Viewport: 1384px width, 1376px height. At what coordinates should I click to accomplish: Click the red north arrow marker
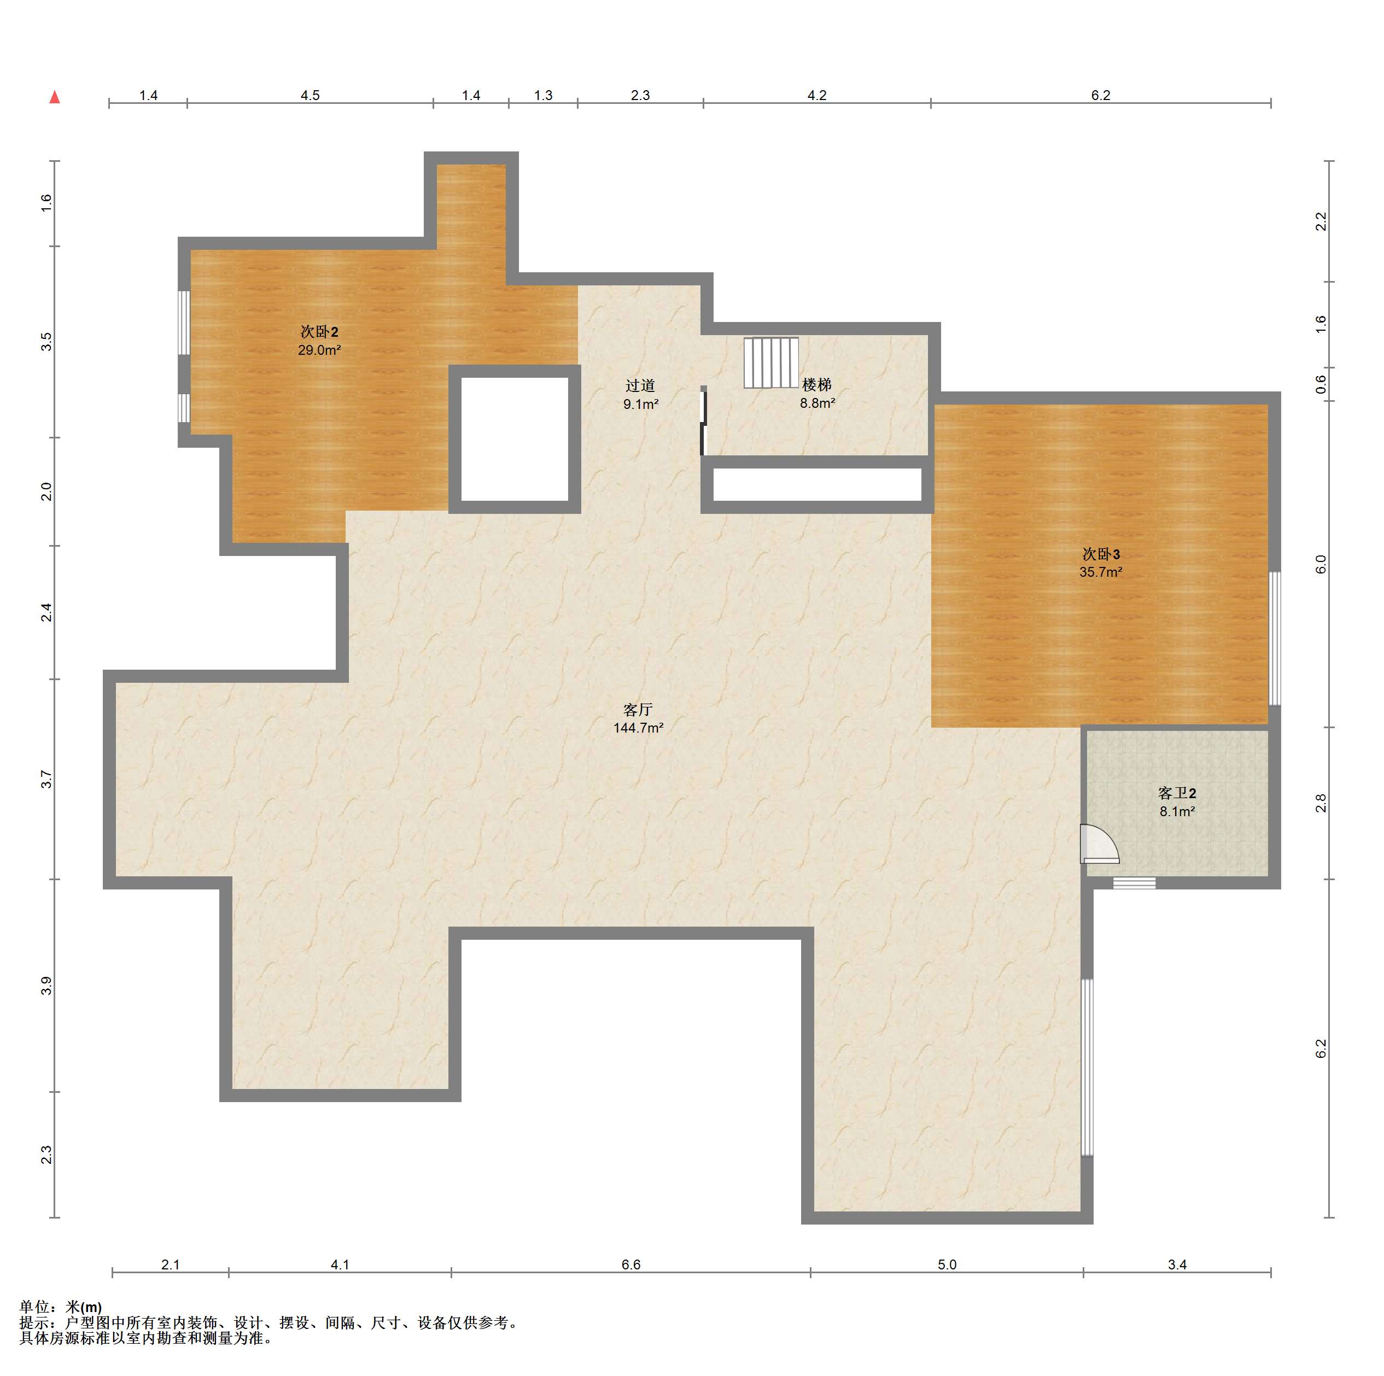coord(55,97)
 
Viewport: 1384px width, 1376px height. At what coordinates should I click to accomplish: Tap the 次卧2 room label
coord(319,332)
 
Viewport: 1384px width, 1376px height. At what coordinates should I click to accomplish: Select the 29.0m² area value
coord(319,350)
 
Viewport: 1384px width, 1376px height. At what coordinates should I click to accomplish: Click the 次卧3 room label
coord(1100,554)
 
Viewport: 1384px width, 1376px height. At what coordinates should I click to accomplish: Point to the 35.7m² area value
coord(1100,572)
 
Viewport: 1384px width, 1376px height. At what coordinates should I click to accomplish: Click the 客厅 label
coord(638,709)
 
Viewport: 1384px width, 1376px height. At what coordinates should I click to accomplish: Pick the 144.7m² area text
coord(638,728)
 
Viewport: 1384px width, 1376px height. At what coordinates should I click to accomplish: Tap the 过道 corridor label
coord(640,385)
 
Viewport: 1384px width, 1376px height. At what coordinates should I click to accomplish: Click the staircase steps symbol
coord(771,362)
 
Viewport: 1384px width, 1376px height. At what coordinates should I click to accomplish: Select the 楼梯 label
coord(816,385)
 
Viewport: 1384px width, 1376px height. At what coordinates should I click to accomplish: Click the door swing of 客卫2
coord(1100,845)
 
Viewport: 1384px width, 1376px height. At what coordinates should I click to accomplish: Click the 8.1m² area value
coord(1177,812)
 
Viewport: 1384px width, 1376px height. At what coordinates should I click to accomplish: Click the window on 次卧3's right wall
coord(1275,638)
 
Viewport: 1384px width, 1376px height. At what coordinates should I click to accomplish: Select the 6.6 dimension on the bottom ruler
coord(630,1264)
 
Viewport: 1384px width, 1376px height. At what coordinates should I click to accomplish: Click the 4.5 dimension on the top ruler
coord(309,95)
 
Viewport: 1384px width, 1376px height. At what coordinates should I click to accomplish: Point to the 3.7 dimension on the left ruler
coord(46,780)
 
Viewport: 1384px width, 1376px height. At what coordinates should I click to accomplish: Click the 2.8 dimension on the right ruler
coord(1321,803)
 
